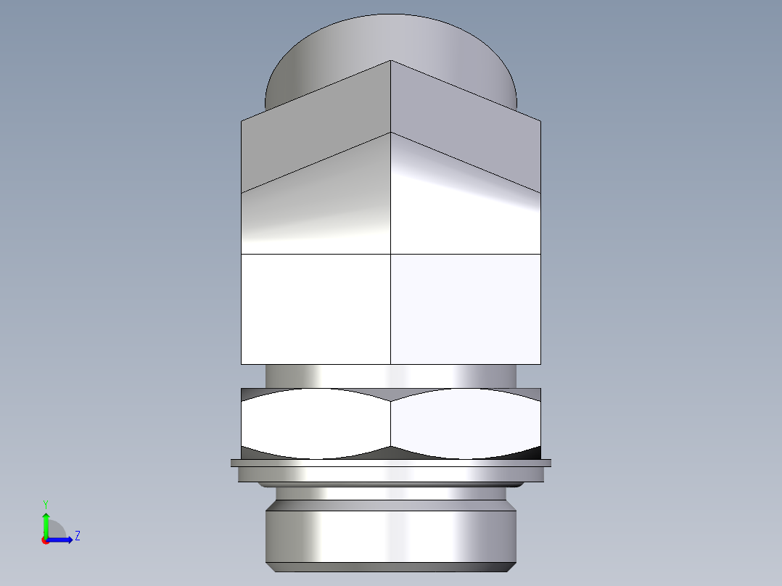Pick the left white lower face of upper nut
(x=316, y=308)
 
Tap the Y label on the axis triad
(x=46, y=503)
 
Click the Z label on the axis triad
(x=77, y=536)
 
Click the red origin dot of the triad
(x=45, y=540)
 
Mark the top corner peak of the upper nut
(x=391, y=61)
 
